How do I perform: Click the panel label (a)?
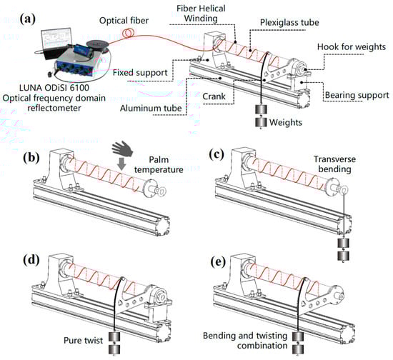point(28,19)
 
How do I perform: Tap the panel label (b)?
point(31,158)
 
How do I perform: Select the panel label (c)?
point(217,155)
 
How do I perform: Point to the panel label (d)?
point(31,261)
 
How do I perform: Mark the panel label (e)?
point(218,262)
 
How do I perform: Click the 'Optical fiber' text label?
point(124,21)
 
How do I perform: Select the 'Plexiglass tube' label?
point(289,23)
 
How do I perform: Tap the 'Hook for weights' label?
point(352,47)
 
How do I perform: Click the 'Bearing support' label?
point(357,95)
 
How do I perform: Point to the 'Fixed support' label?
point(140,73)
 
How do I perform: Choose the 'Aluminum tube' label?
point(151,109)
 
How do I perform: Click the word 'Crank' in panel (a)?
point(214,96)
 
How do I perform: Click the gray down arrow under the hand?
point(121,164)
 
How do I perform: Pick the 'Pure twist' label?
point(83,341)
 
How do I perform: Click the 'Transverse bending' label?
point(334,164)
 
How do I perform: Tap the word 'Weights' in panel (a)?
point(286,123)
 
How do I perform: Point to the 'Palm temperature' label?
point(159,164)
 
